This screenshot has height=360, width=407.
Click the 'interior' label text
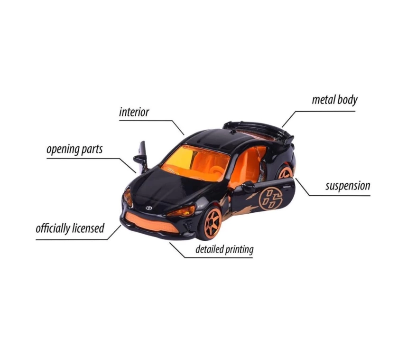pos(134,112)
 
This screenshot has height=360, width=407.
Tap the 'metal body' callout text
pos(334,100)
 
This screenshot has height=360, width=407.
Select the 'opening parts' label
pos(74,150)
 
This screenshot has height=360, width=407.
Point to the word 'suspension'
pos(348,186)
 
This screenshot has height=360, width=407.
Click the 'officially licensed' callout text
pos(70,228)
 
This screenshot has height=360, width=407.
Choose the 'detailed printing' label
pos(224,249)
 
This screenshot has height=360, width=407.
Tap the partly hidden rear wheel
pos(285,172)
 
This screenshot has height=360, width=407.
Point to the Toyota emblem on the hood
pos(148,208)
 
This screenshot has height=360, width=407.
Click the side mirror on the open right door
pos(248,186)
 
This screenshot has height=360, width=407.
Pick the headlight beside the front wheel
pos(181,211)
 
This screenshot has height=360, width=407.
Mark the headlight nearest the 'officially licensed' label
pos(128,197)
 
